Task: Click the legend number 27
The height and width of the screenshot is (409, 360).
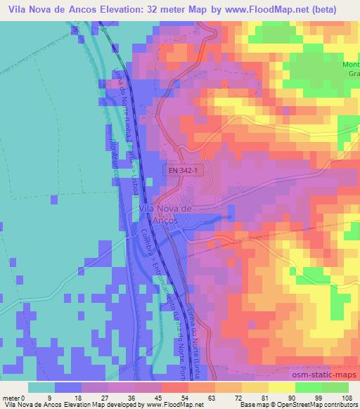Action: [104, 396]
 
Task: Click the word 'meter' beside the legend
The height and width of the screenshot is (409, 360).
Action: [11, 396]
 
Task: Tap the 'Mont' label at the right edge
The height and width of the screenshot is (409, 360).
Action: [350, 66]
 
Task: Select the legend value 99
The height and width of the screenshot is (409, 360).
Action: [319, 396]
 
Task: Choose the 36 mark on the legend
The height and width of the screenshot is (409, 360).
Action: [131, 396]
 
